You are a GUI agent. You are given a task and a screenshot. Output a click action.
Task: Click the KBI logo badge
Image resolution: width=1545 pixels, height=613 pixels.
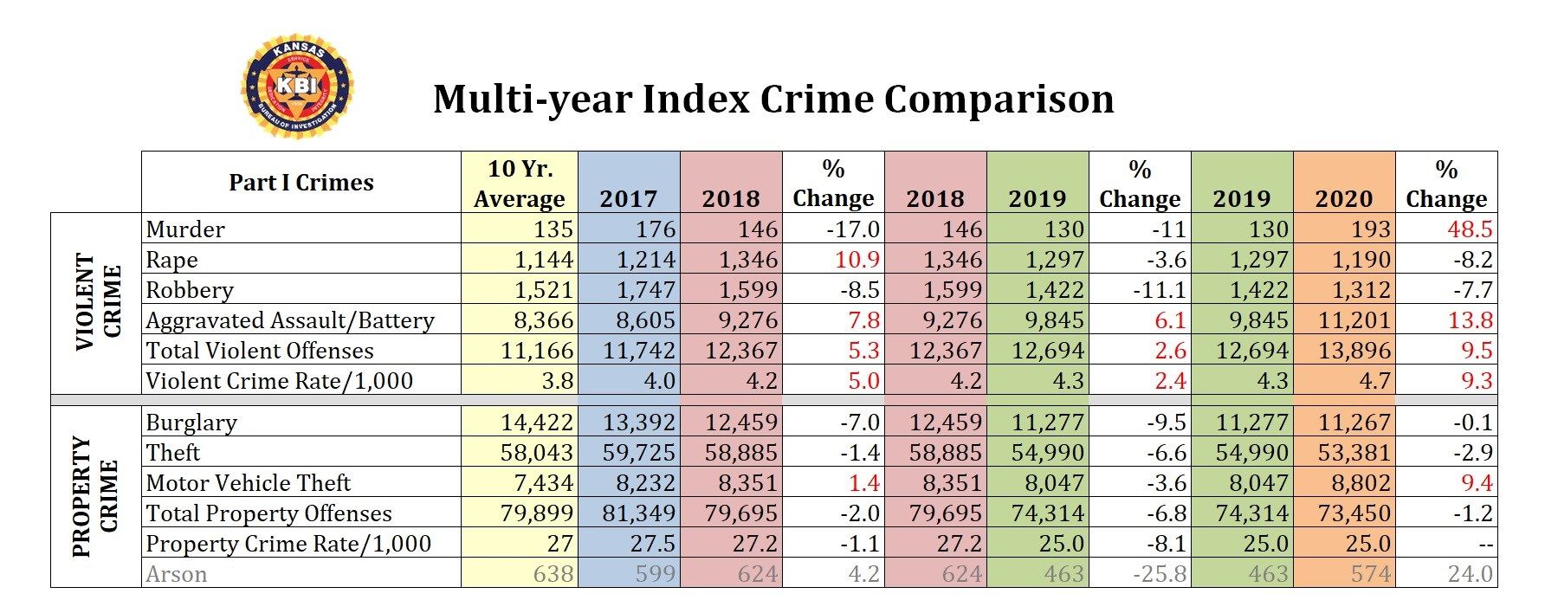(297, 87)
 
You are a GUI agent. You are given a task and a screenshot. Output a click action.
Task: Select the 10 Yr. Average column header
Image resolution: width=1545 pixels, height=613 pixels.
(519, 183)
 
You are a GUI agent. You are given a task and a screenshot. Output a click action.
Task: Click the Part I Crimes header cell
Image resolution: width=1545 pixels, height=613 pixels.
(301, 183)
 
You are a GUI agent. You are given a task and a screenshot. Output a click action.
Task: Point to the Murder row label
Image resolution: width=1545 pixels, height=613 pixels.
(185, 229)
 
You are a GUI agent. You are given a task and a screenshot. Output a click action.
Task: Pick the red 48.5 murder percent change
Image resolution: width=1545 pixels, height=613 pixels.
(1470, 229)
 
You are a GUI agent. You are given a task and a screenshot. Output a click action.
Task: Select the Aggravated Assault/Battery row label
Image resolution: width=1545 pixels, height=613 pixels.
(289, 320)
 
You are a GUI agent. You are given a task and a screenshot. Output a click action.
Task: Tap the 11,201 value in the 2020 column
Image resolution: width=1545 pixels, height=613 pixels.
(1354, 320)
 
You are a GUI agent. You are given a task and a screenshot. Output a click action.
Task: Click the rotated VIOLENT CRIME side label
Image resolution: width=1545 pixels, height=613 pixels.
(98, 302)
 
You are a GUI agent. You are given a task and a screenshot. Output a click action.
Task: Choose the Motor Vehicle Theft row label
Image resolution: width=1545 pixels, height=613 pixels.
(248, 483)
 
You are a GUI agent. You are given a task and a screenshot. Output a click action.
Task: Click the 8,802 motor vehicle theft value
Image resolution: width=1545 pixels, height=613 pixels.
(1359, 483)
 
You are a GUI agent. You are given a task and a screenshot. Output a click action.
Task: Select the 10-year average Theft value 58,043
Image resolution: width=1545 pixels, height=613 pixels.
(536, 453)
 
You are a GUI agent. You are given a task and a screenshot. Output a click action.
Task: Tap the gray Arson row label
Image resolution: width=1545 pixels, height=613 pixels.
(176, 574)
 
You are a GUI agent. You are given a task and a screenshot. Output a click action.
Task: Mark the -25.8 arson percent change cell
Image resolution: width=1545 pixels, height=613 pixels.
(1158, 574)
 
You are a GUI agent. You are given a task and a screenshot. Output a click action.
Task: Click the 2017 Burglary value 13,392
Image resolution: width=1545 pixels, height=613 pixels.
(639, 423)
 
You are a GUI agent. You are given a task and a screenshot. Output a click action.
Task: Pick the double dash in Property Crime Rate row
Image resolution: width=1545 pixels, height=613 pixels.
(1483, 545)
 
